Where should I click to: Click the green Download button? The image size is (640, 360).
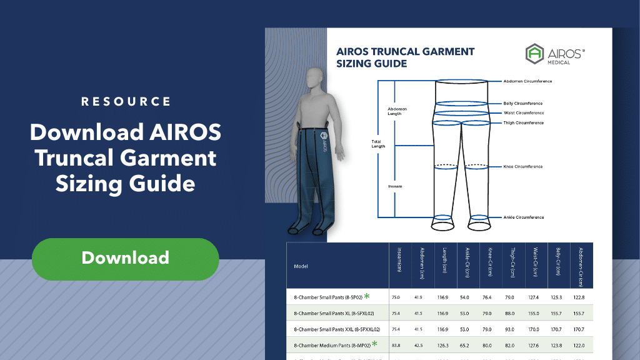coord(125,258)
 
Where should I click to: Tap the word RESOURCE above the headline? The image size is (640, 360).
coord(126,101)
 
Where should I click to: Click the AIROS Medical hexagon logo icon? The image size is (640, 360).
coord(535,54)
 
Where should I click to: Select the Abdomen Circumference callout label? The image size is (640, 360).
coord(527,81)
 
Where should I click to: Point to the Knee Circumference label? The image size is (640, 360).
coord(523,167)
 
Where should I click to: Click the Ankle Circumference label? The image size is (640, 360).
coord(523,217)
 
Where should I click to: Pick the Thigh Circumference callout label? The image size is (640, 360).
coord(523,123)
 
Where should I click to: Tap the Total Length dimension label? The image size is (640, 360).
coord(379,144)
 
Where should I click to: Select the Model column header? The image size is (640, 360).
coord(301,266)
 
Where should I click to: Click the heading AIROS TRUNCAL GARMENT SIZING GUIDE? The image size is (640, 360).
coord(406,57)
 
